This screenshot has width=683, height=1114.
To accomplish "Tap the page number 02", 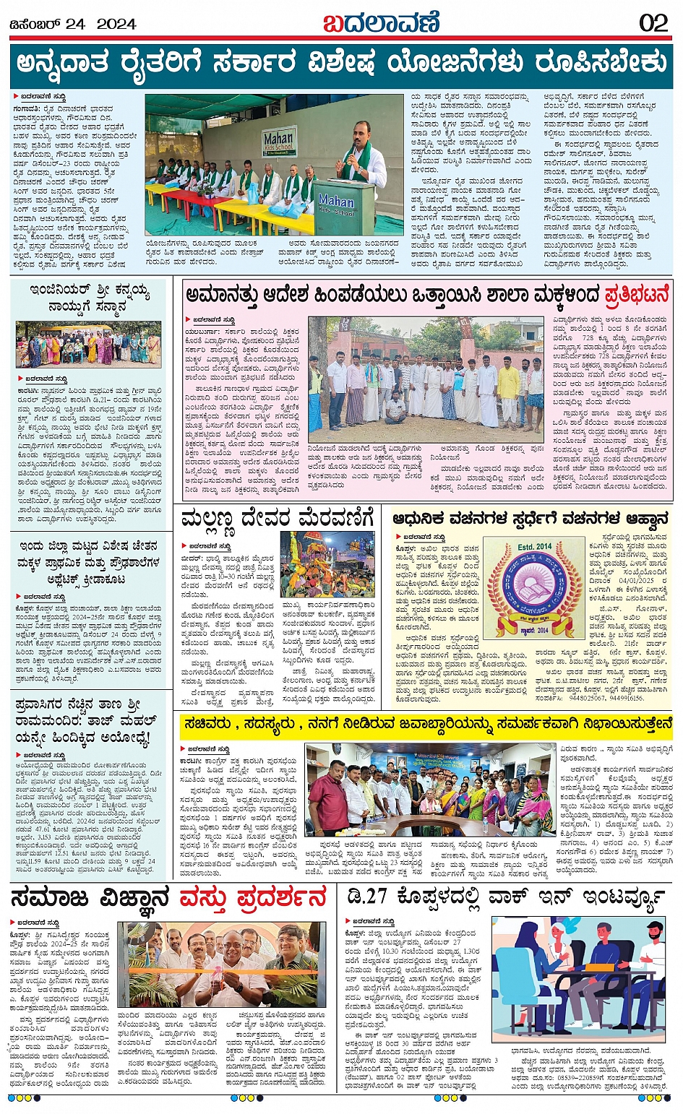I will [x=653, y=23].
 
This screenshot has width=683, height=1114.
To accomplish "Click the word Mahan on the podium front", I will [x=336, y=200].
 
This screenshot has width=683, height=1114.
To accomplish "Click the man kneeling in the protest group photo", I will [x=395, y=408].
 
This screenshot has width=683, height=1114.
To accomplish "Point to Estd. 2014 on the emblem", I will [x=534, y=547].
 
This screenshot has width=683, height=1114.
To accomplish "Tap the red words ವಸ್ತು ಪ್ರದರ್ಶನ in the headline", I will [x=253, y=898].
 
